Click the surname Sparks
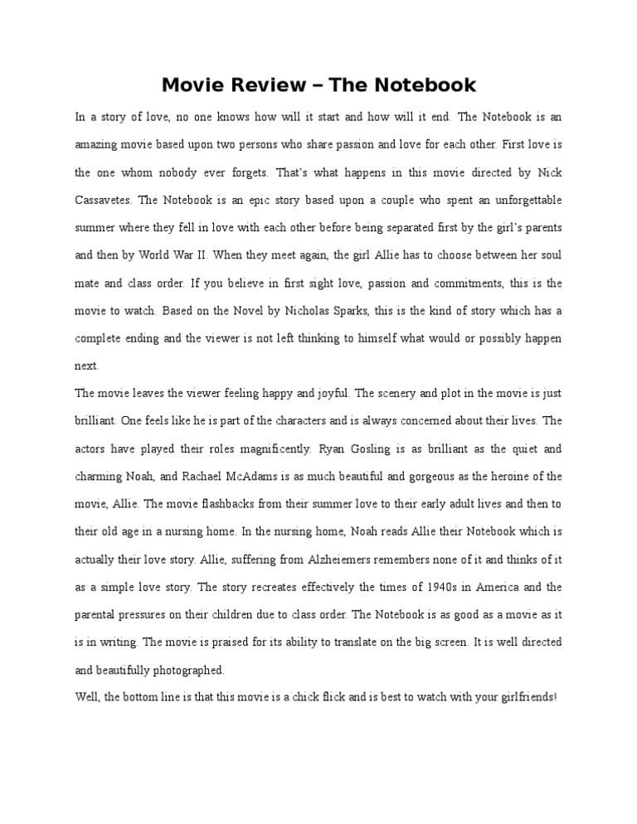[369, 311]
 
